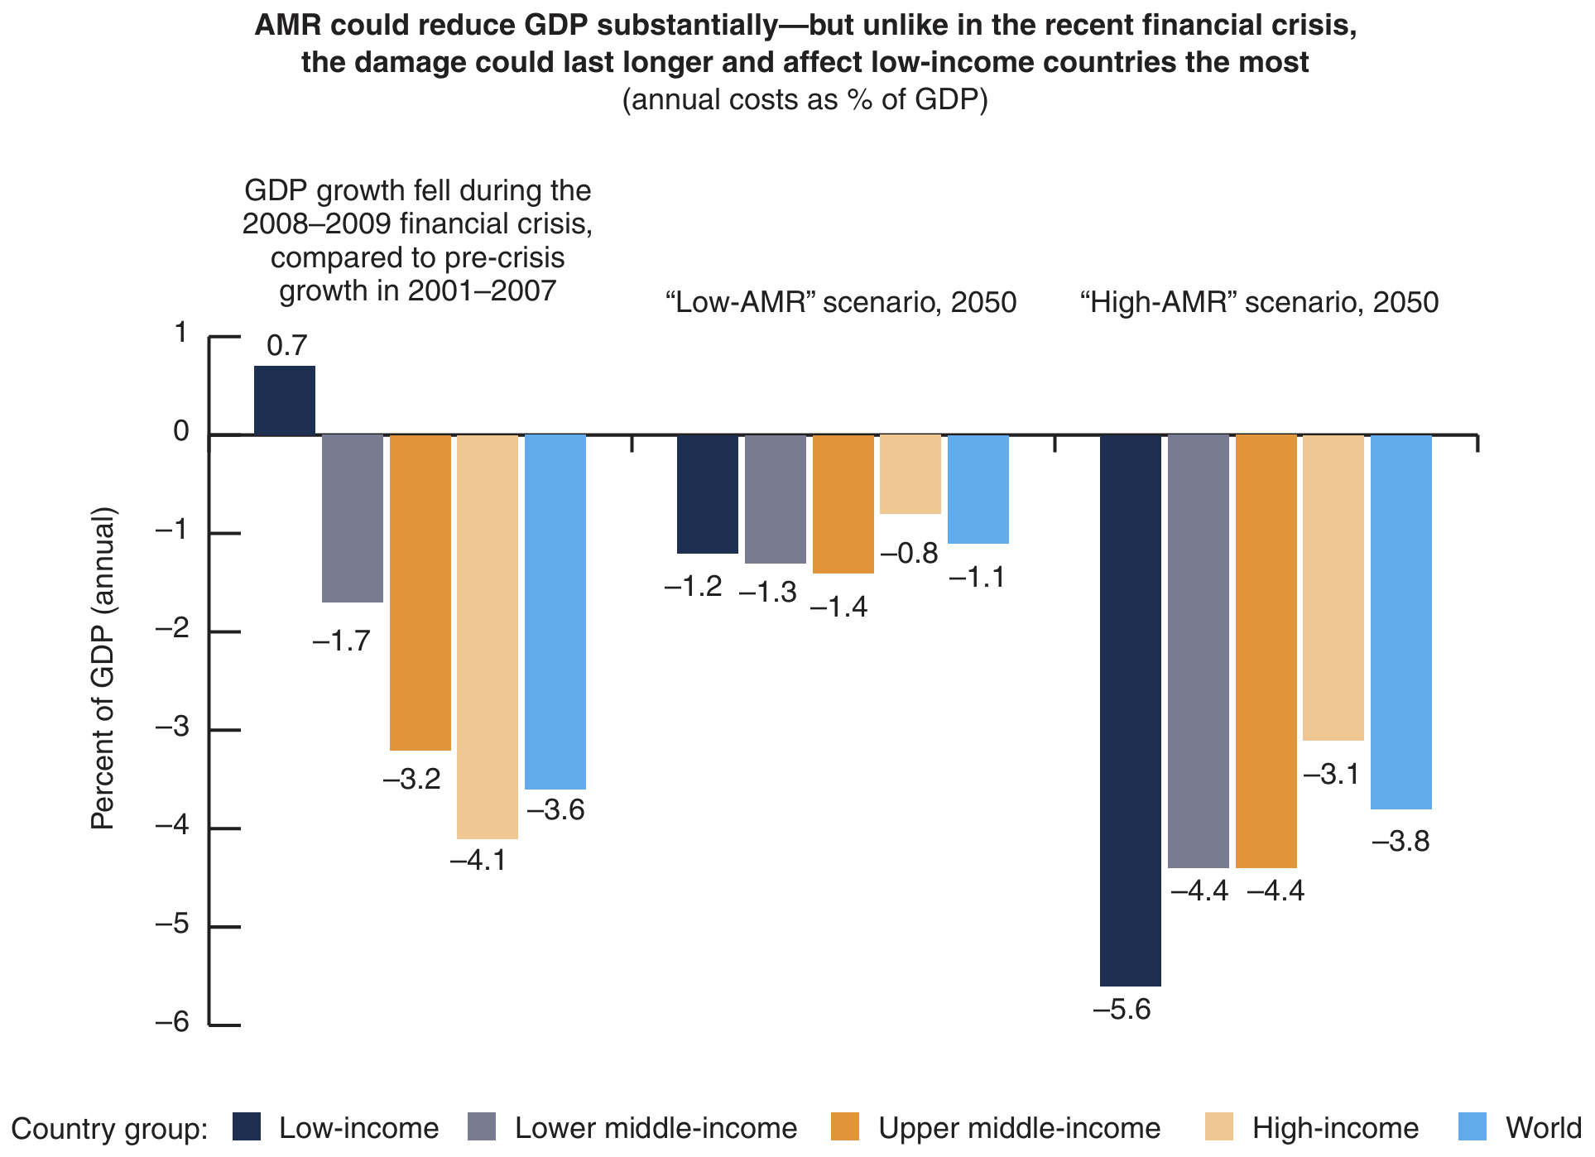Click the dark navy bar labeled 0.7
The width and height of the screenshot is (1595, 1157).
click(284, 401)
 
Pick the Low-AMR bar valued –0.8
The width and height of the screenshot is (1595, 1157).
click(910, 474)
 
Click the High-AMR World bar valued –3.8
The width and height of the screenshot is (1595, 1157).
click(1401, 622)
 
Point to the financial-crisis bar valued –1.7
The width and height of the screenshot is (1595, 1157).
click(353, 518)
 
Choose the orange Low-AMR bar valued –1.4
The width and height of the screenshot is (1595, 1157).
click(843, 503)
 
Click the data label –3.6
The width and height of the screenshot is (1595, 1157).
click(555, 810)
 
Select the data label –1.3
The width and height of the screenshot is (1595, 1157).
click(767, 593)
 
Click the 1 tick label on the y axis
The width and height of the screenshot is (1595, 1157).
click(180, 334)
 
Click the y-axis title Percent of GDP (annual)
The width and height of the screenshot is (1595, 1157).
click(103, 669)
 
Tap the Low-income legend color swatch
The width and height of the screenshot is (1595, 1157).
click(247, 1127)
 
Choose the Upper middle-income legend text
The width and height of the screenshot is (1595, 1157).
click(1020, 1128)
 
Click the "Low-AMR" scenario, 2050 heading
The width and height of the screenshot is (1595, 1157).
click(841, 303)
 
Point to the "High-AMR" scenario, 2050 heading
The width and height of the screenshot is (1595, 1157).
click(1259, 303)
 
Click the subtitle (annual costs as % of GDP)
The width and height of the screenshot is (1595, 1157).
click(805, 100)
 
